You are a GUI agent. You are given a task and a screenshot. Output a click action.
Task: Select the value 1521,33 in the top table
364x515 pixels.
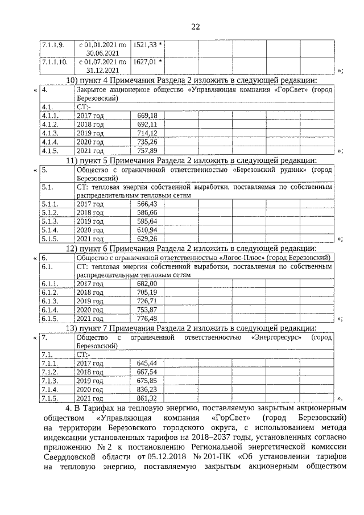point(146,44)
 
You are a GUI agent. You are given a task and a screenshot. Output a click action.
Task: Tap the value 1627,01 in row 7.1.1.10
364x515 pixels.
point(146,61)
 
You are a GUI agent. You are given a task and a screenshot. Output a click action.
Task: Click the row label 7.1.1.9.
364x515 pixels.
point(53,44)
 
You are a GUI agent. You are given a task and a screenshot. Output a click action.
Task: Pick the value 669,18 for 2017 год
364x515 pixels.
point(147,116)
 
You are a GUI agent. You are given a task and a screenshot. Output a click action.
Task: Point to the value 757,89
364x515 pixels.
point(147,151)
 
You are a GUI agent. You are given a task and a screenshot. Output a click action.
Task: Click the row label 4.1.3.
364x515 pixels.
point(51,133)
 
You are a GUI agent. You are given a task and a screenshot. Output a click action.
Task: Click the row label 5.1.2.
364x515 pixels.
point(51,212)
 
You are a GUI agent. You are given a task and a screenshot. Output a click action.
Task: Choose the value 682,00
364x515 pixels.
point(147,283)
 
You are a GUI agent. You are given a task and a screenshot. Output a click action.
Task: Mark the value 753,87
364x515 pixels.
point(147,309)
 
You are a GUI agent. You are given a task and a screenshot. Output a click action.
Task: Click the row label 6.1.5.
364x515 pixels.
point(51,318)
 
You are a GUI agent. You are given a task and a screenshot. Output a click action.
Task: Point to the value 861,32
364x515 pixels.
point(147,398)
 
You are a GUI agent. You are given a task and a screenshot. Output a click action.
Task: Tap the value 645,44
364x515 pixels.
point(147,362)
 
